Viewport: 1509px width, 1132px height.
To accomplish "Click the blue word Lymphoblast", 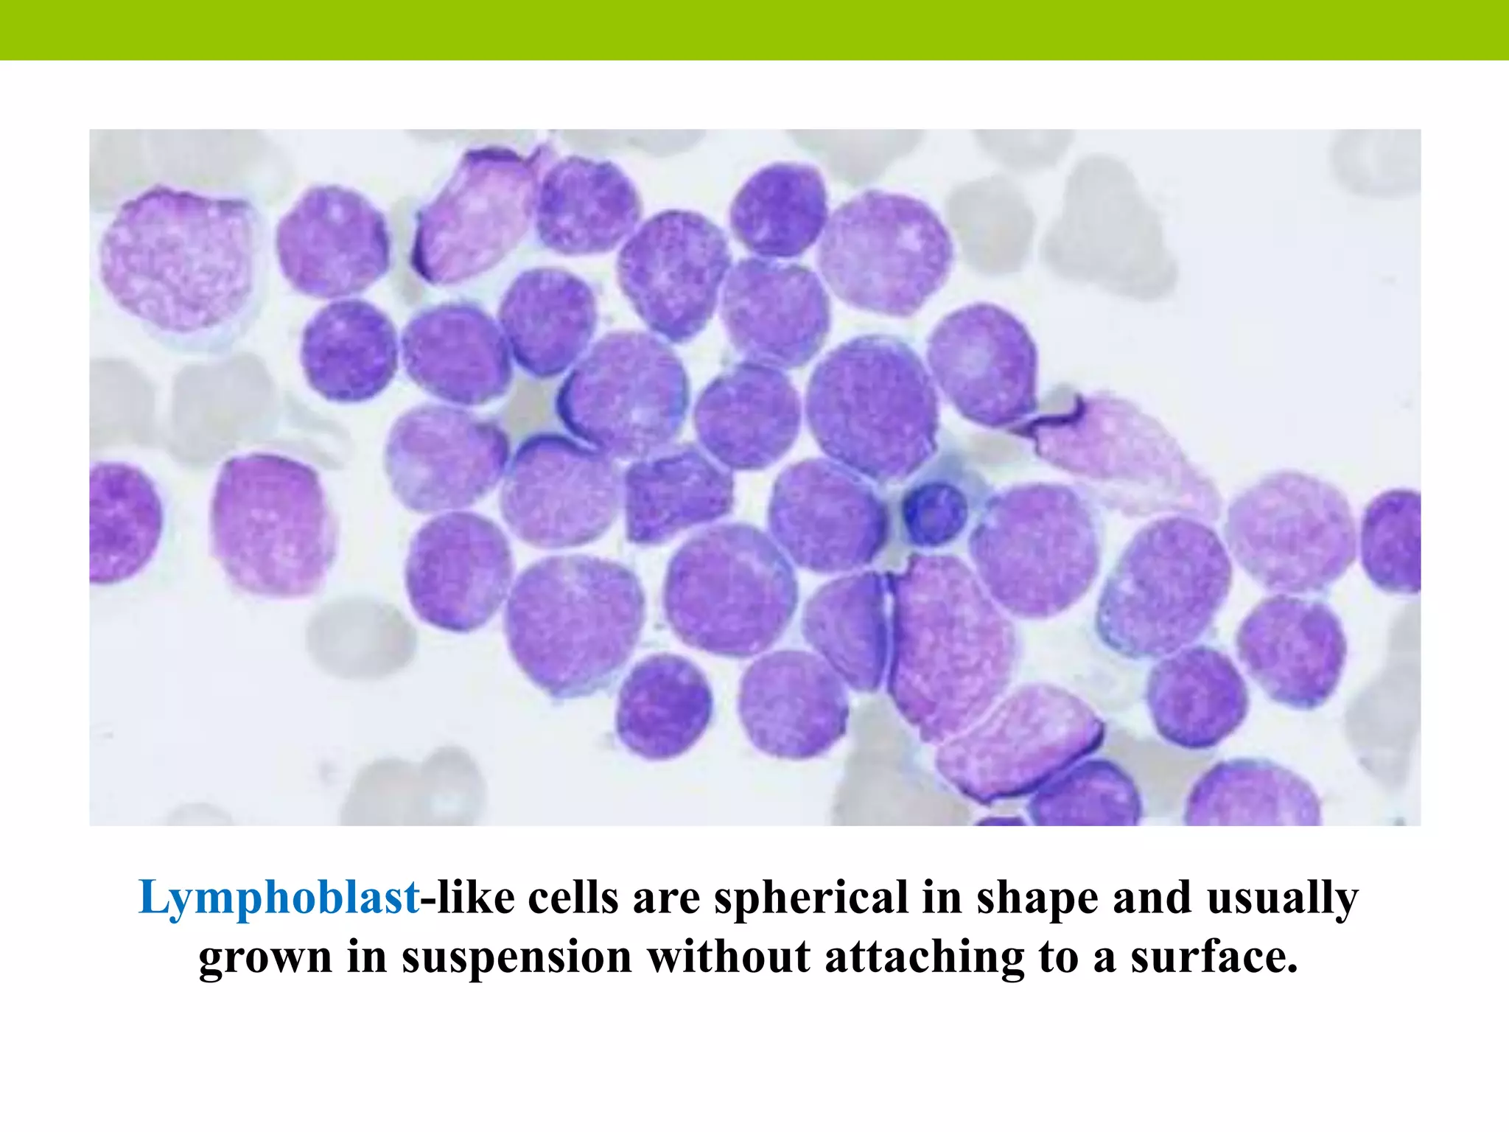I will point(279,898).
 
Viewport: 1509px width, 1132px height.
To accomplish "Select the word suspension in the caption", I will point(517,957).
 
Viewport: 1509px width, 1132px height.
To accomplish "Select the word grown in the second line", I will point(265,959).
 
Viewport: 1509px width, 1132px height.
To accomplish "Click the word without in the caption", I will point(728,957).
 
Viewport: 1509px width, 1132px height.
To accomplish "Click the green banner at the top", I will point(754,29).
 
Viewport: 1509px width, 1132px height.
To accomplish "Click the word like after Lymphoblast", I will point(476,898).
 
